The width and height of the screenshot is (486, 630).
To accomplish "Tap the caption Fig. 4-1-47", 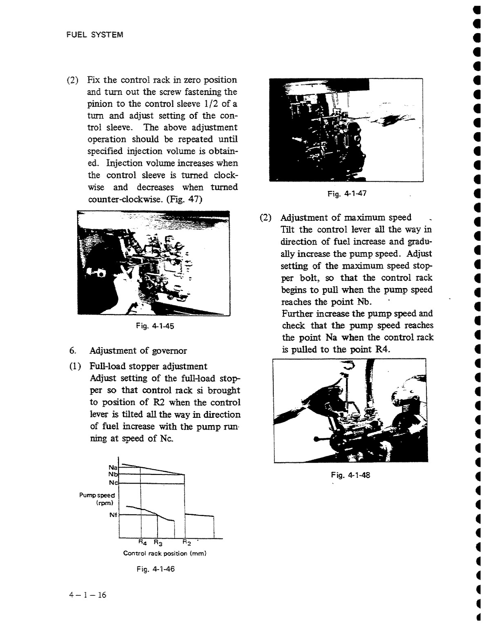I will pos(347,194).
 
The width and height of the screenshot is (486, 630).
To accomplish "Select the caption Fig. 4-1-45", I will pos(155,326).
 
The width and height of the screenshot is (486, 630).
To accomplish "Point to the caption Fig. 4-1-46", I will pos(156,569).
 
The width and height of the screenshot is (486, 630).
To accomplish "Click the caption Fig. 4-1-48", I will pos(350,475).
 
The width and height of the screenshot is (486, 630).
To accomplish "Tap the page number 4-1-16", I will pos(87,595).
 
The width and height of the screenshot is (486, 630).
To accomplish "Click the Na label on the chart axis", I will pos(113,467).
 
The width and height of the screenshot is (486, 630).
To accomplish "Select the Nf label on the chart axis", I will pos(113,515).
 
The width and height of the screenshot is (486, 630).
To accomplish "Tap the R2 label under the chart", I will pos(186,543).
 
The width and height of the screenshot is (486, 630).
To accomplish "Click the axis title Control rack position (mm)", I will pos(165,554).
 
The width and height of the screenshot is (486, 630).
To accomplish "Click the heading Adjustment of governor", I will pos(138,351).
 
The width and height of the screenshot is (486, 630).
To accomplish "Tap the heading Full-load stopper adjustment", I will pos(148,366).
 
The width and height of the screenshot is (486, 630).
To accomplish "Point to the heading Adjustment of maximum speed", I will pos(346,217).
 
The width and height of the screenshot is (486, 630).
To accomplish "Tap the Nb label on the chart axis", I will pos(113,475).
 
